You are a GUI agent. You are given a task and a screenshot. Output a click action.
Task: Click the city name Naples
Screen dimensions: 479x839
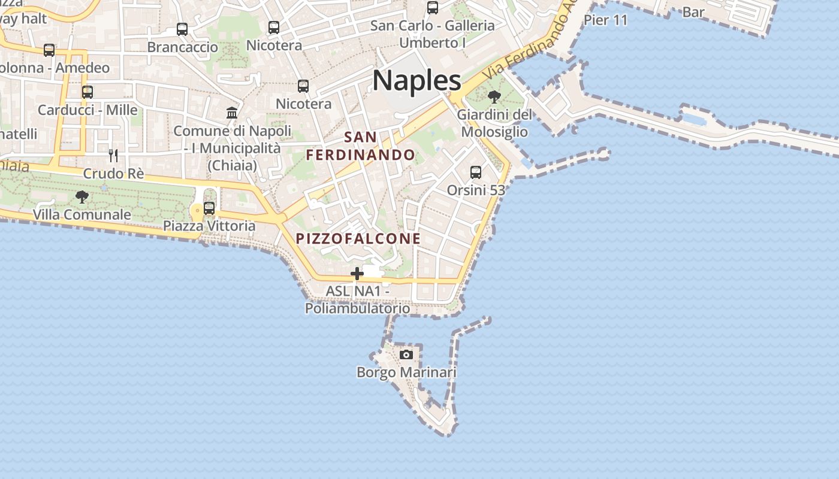(417, 80)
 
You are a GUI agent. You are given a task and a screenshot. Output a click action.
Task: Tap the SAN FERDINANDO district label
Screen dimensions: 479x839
(361, 146)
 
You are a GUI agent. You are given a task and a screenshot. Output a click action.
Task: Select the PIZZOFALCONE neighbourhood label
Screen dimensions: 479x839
(358, 238)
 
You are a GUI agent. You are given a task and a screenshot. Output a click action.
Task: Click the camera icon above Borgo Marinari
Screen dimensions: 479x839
(406, 354)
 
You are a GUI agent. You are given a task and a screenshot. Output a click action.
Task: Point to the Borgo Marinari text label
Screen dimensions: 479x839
(406, 372)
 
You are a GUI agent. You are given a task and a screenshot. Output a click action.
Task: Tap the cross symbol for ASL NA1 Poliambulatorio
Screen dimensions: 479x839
(357, 274)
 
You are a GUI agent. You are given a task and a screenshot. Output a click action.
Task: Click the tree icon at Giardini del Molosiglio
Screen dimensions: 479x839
(494, 96)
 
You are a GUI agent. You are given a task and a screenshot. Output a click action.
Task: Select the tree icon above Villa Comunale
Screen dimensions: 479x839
(82, 196)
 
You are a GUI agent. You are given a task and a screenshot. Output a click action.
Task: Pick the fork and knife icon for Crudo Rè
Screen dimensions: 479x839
(113, 156)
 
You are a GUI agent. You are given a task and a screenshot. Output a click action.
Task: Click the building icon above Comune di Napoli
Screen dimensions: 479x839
(232, 113)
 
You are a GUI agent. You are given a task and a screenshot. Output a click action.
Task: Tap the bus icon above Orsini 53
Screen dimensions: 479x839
(476, 172)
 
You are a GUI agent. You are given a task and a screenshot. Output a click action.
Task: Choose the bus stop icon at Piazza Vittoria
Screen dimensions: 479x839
(209, 208)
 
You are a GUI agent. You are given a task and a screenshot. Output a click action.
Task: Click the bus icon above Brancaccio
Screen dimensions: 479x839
(182, 29)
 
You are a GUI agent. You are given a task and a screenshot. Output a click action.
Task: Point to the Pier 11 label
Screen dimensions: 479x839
(605, 20)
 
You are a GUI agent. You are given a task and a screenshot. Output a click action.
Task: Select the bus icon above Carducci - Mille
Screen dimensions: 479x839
(87, 92)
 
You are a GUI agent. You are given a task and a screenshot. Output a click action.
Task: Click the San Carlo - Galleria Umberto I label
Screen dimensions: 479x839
(433, 34)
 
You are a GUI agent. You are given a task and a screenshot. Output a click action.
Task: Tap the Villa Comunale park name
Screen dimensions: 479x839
(82, 214)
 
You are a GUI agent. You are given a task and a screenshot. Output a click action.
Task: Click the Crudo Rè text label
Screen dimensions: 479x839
(113, 174)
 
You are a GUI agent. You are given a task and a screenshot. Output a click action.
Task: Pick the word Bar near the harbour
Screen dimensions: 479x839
(693, 12)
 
